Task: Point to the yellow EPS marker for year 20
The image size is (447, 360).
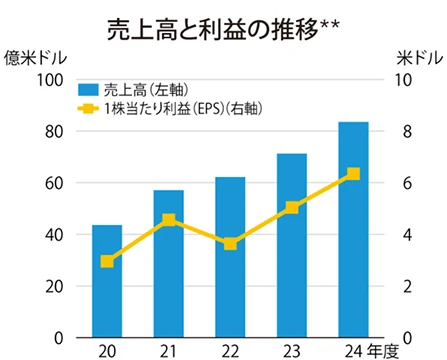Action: (107, 261)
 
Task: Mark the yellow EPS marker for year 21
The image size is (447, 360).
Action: (168, 220)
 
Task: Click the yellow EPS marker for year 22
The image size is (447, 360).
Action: (230, 244)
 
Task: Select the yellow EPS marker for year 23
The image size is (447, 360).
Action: (291, 208)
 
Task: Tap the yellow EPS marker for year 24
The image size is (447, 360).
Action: (353, 174)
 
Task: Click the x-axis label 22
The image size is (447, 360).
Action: (230, 350)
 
